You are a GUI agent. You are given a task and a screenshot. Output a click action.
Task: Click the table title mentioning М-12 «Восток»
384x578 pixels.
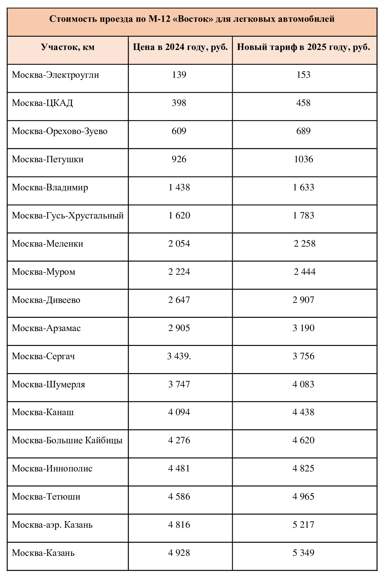pyautogui.click(x=192, y=19)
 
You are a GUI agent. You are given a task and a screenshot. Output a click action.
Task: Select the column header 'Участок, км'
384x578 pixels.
pyautogui.click(x=68, y=47)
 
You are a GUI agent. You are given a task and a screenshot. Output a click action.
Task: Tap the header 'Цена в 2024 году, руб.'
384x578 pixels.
pyautogui.click(x=180, y=47)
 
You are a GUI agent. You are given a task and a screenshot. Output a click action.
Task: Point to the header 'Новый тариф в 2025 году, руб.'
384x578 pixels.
pyautogui.click(x=304, y=47)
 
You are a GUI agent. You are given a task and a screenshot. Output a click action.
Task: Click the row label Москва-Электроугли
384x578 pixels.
pyautogui.click(x=55, y=75)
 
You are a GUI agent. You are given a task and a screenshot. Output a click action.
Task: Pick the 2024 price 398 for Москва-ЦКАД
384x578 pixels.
pyautogui.click(x=179, y=103)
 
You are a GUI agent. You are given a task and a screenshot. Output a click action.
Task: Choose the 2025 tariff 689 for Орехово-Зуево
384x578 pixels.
pyautogui.click(x=304, y=131)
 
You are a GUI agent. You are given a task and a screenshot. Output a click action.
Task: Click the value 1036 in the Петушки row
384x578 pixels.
pyautogui.click(x=304, y=159)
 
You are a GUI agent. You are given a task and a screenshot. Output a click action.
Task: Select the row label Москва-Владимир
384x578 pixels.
pyautogui.click(x=50, y=188)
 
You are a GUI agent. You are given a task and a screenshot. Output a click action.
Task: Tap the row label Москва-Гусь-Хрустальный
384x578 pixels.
pyautogui.click(x=68, y=216)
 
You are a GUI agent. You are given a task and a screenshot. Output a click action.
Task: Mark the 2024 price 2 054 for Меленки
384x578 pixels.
pyautogui.click(x=179, y=244)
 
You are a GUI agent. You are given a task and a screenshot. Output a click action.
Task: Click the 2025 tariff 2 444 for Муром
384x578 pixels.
pyautogui.click(x=305, y=272)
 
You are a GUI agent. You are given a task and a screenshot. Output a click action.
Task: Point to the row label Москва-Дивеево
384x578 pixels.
pyautogui.click(x=46, y=300)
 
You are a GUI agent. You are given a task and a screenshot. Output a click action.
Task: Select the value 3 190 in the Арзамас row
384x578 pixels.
pyautogui.click(x=304, y=328)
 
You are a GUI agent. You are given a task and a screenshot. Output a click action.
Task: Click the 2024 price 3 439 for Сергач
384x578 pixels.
pyautogui.click(x=179, y=356)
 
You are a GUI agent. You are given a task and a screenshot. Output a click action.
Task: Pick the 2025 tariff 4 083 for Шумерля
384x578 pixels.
pyautogui.click(x=304, y=384)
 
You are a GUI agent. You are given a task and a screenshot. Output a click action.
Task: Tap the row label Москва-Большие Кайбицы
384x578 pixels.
pyautogui.click(x=67, y=440)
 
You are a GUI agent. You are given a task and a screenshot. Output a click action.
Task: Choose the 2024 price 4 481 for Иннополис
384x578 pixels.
pyautogui.click(x=179, y=469)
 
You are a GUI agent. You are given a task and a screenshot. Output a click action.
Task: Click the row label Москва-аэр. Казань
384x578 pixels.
pyautogui.click(x=52, y=525)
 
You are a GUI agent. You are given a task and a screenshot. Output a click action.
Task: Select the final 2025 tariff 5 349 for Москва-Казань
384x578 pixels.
pyautogui.click(x=304, y=553)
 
